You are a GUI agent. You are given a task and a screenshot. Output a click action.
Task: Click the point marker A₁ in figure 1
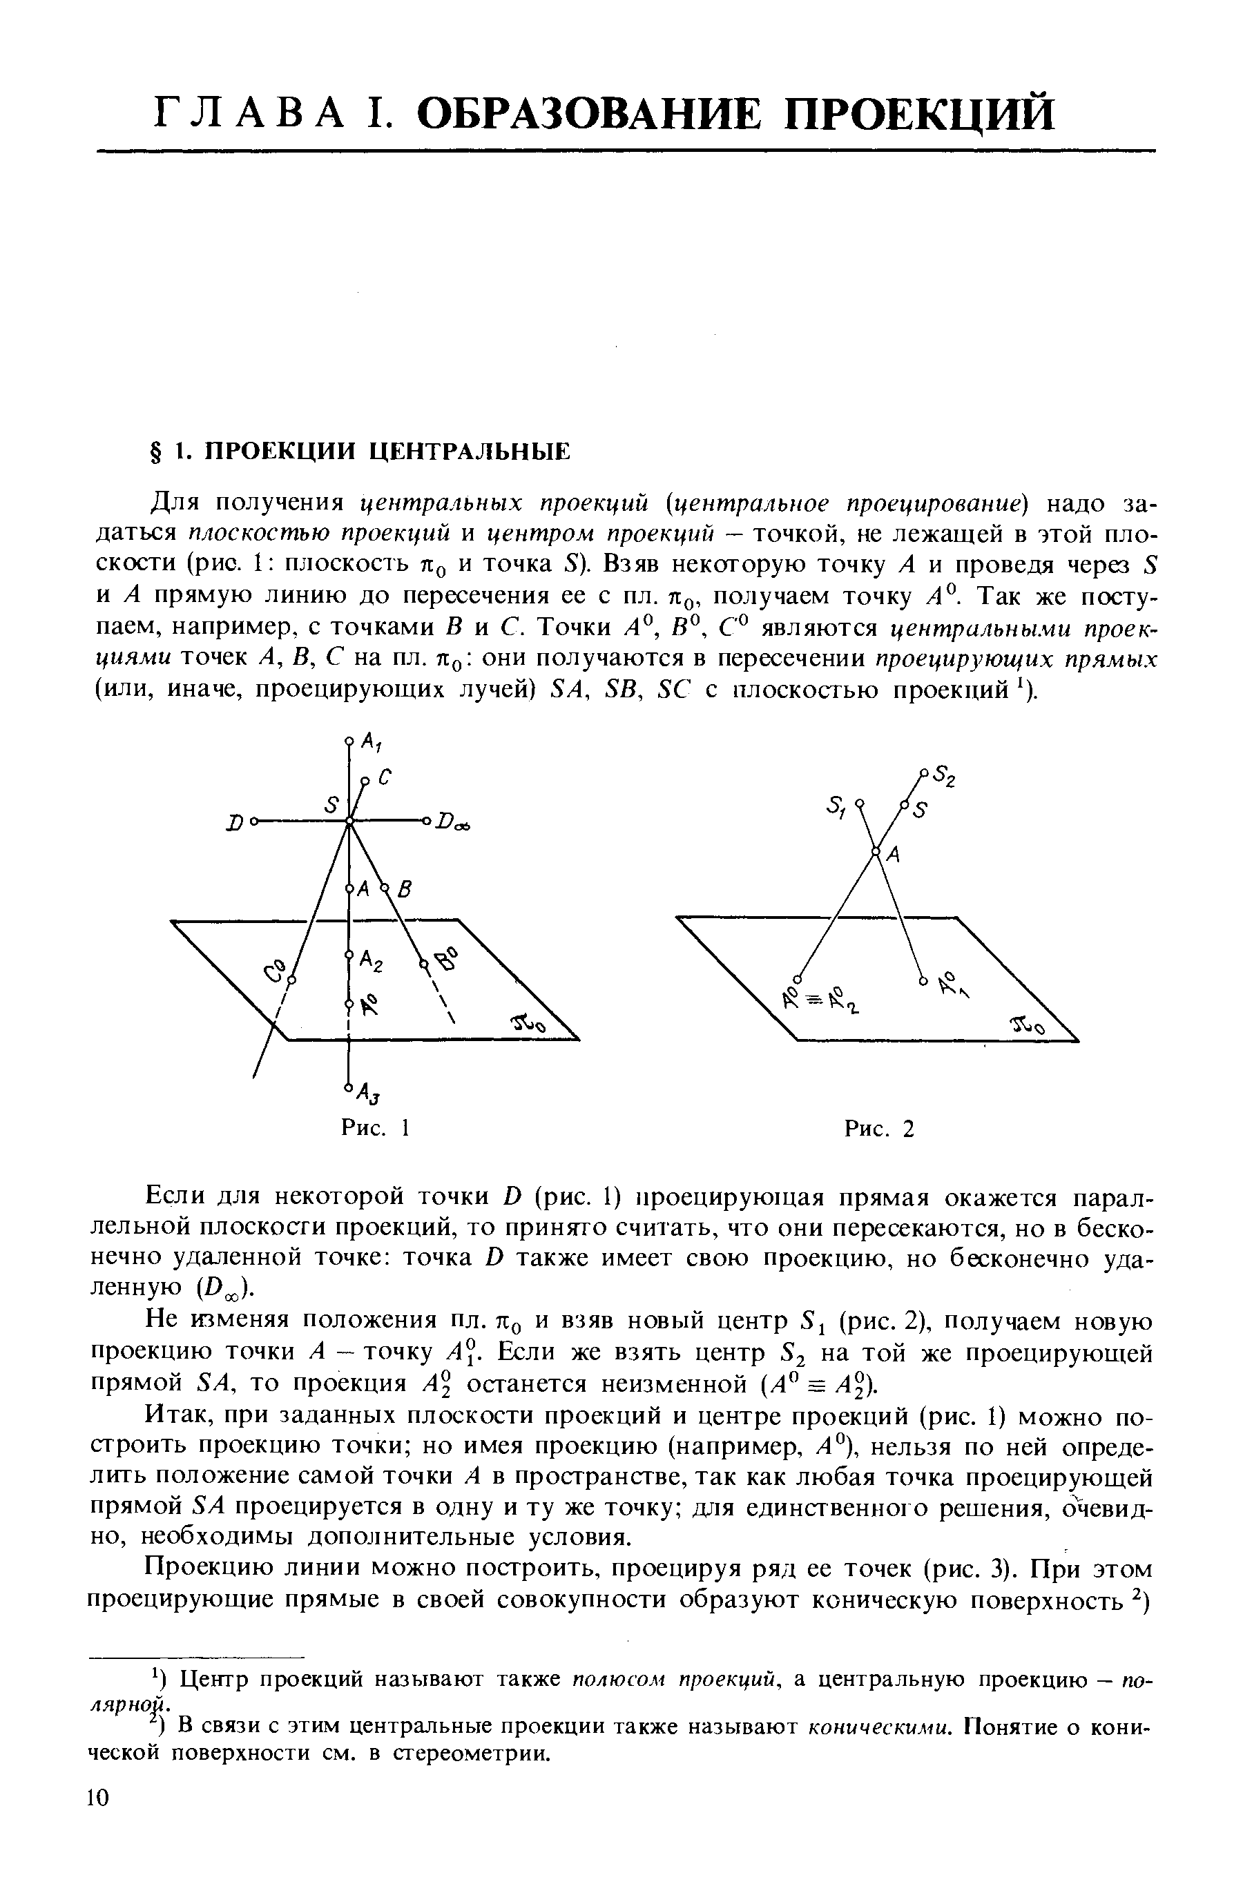(x=349, y=741)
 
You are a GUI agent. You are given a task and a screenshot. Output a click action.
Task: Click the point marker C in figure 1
(x=365, y=780)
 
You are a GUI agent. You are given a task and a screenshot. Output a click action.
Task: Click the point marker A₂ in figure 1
(x=349, y=955)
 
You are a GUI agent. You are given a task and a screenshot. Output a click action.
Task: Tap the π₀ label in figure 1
(x=529, y=1025)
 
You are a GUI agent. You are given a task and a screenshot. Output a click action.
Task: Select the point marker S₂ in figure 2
(x=924, y=772)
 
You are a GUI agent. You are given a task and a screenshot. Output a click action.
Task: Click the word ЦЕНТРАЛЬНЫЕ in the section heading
(x=470, y=452)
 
